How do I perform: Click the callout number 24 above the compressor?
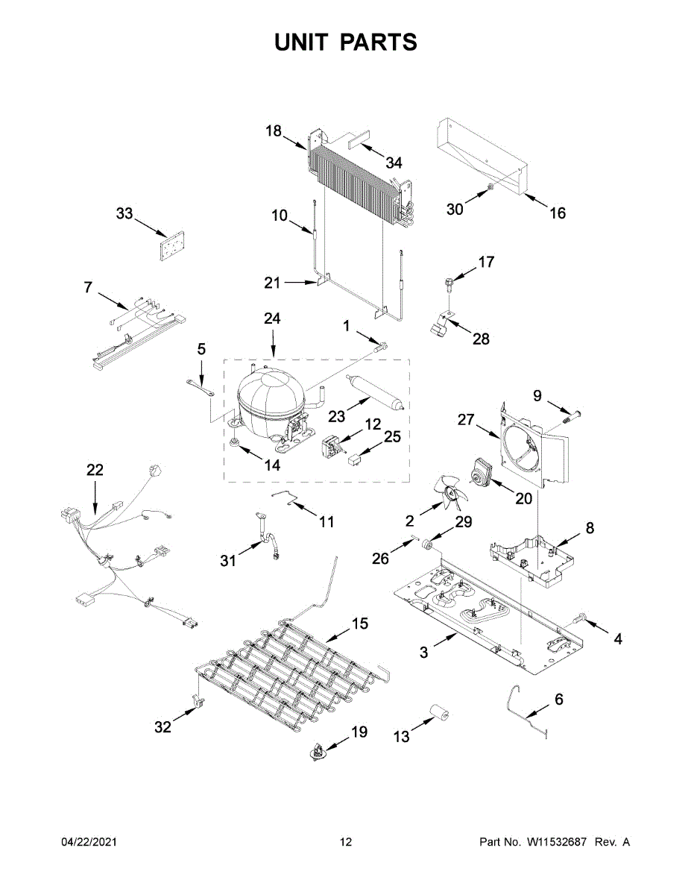272,318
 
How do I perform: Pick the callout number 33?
124,214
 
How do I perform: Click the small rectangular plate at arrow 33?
171,246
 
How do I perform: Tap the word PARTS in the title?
381,43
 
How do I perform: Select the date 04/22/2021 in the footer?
89,842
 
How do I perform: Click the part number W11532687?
556,842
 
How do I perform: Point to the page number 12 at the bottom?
346,842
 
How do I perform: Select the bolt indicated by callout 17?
448,285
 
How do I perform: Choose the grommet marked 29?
429,546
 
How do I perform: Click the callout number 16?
558,213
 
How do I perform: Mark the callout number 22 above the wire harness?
95,470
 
